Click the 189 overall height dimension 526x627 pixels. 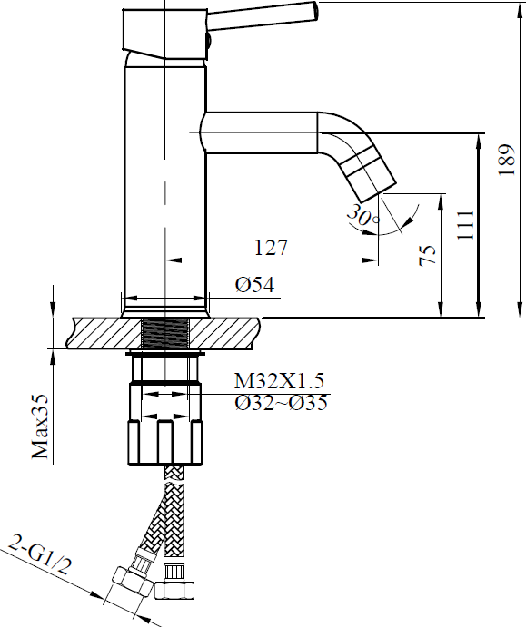[x=506, y=159]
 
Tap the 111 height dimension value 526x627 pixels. [x=465, y=225]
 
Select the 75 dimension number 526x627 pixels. [x=428, y=256]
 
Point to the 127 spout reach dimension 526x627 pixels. [x=271, y=248]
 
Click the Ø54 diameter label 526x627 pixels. [x=255, y=285]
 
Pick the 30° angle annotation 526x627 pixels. [x=362, y=216]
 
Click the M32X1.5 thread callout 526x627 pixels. [x=279, y=381]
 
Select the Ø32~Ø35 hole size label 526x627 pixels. [x=281, y=403]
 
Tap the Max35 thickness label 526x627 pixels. [x=40, y=426]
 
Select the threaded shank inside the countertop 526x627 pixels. [x=165, y=334]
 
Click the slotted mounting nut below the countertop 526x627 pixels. [x=165, y=443]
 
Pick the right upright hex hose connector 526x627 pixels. [x=175, y=580]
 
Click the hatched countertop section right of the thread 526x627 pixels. [x=224, y=333]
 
